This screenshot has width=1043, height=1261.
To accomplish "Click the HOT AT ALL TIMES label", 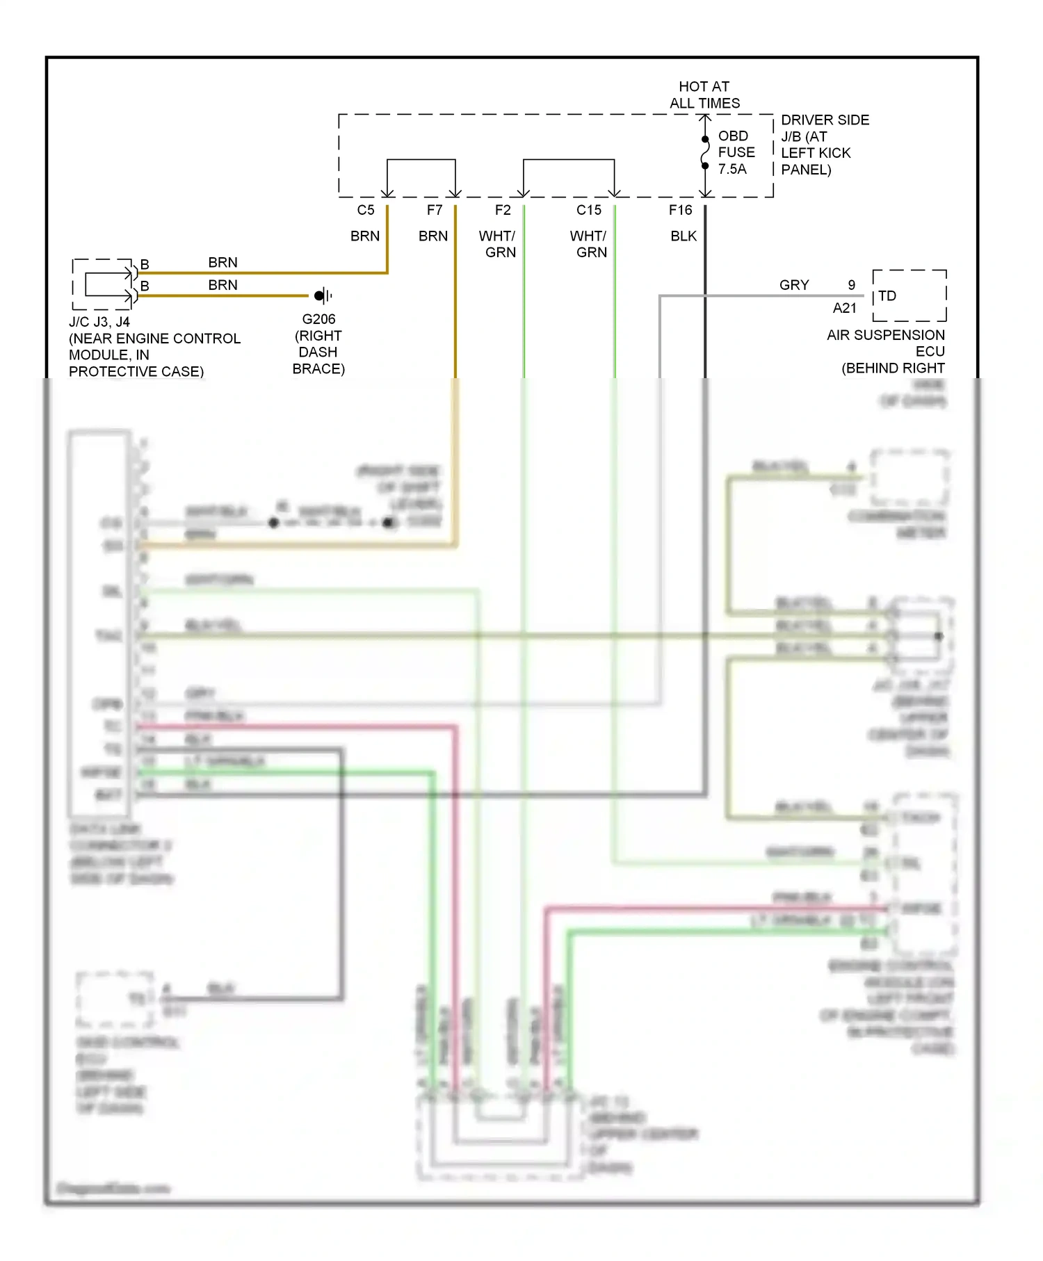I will [x=704, y=95].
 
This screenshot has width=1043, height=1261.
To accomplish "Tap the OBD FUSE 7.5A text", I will [x=736, y=152].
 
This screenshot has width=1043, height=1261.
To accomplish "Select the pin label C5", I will [x=366, y=210].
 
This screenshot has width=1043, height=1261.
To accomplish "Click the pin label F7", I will [x=435, y=210].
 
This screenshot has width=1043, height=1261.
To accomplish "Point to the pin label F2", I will [x=503, y=210].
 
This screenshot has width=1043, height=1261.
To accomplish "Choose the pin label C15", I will [x=589, y=210].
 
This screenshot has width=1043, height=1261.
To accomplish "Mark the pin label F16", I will [x=681, y=210].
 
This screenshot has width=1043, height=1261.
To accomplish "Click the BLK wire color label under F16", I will [x=684, y=236].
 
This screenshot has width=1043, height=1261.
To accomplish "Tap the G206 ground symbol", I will [x=321, y=296].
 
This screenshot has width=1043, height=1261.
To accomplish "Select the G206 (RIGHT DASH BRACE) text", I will [x=318, y=344].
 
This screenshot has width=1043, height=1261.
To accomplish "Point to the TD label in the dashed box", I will [x=887, y=296].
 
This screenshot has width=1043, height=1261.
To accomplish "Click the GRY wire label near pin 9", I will [x=794, y=285].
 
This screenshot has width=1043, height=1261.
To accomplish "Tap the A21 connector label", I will [x=845, y=308].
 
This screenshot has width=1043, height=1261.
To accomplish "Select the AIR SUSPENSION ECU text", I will [x=886, y=343].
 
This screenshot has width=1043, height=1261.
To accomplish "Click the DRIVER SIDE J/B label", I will [x=825, y=145].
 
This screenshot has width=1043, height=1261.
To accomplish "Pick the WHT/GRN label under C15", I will [x=589, y=244].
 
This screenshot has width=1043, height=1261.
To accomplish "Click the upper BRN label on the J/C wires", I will [x=223, y=263].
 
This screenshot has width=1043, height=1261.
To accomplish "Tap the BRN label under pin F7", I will [x=433, y=236].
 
